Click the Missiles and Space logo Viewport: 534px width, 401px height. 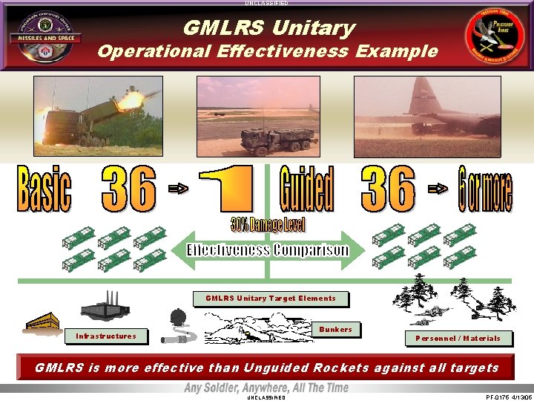point(40,37)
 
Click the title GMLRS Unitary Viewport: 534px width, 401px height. point(268,28)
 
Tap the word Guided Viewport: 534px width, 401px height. point(306,190)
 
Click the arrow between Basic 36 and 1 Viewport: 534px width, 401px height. point(179,190)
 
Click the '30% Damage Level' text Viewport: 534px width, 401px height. point(268,224)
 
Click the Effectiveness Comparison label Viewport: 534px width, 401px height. point(267,250)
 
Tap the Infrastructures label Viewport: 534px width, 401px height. point(106,336)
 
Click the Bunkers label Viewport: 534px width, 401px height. point(335,329)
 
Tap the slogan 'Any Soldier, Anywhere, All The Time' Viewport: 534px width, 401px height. point(267,388)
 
